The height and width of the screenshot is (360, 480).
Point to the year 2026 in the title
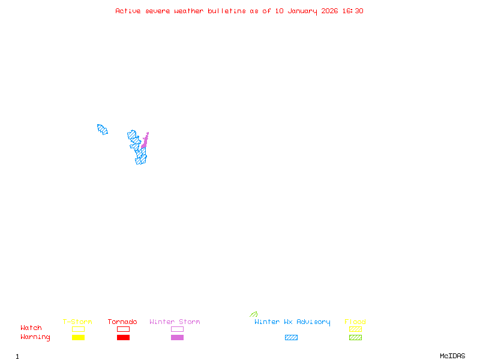[329, 11]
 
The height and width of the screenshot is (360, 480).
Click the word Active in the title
[128, 11]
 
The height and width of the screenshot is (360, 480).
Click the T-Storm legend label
[77, 322]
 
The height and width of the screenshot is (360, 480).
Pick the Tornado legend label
[122, 322]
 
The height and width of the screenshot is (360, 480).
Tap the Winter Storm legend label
[175, 322]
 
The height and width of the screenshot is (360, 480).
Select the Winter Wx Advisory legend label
[292, 322]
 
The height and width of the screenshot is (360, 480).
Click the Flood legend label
[355, 322]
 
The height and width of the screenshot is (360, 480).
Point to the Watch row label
[31, 328]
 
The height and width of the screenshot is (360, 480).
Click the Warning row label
[35, 337]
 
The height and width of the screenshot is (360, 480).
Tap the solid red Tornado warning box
[123, 338]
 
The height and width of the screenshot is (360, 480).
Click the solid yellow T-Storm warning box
[78, 338]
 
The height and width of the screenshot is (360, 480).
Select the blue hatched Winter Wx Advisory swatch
[291, 338]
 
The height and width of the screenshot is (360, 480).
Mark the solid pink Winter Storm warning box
[177, 338]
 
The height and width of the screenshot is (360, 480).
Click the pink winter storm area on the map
[145, 143]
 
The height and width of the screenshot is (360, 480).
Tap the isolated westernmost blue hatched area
[102, 129]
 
